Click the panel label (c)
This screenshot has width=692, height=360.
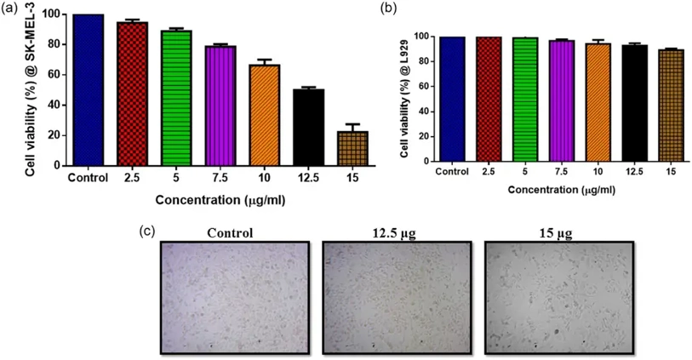[x=147, y=231]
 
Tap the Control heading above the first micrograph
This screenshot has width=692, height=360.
[x=231, y=231]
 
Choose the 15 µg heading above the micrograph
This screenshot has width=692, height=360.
[x=559, y=231]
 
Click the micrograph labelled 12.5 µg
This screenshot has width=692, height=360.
[x=395, y=297]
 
